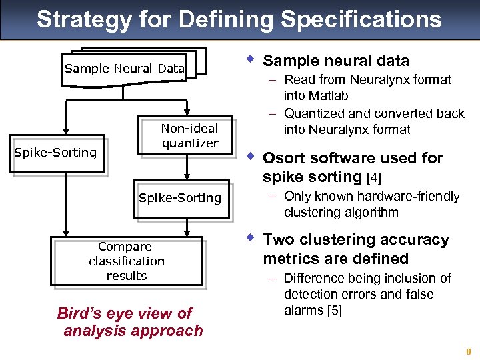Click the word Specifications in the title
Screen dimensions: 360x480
click(361, 20)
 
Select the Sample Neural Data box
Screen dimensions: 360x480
click(125, 69)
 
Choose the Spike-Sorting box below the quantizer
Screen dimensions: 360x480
click(179, 198)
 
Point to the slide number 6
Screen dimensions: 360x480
click(469, 352)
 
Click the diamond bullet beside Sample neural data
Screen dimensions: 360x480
click(249, 59)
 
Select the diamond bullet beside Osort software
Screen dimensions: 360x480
click(249, 157)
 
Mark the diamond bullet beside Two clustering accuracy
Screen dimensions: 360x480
click(249, 238)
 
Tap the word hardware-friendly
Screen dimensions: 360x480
click(409, 196)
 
